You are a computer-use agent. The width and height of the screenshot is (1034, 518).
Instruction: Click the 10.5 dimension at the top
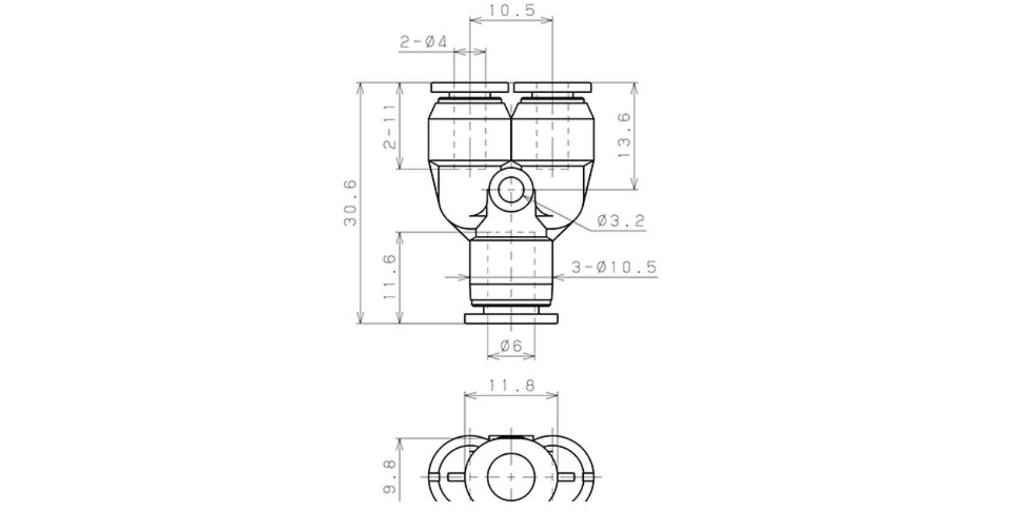pyautogui.click(x=511, y=10)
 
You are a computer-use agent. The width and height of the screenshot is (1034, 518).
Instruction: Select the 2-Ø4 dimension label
pyautogui.click(x=424, y=42)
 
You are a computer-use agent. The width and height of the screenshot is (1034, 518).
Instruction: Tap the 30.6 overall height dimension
pyautogui.click(x=350, y=203)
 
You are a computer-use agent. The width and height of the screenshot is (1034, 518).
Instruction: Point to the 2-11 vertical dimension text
pyautogui.click(x=390, y=127)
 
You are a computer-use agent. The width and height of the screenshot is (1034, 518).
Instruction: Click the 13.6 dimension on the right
pyautogui.click(x=624, y=135)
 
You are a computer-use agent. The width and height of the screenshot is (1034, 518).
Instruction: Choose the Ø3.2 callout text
pyautogui.click(x=621, y=221)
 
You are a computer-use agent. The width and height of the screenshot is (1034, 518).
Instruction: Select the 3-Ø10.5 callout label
pyautogui.click(x=614, y=267)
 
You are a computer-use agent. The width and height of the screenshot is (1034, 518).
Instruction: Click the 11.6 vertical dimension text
pyautogui.click(x=390, y=277)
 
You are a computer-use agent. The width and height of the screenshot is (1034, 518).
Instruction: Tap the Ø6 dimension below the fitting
pyautogui.click(x=511, y=346)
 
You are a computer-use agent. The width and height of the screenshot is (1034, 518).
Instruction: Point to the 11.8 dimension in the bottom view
pyautogui.click(x=511, y=385)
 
